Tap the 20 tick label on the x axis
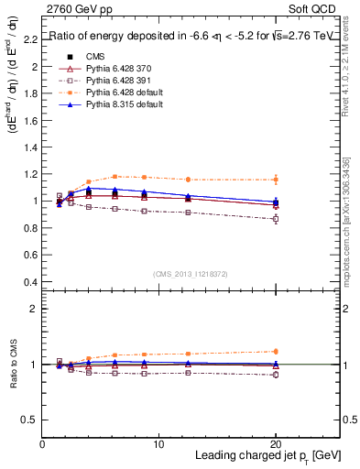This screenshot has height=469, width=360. pos(276,444)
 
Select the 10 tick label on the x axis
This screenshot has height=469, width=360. pos(158,444)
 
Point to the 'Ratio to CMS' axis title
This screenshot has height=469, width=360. pos(11,365)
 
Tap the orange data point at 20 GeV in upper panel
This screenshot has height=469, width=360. pos(276,180)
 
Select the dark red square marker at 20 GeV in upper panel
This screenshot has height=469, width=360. pos(276,219)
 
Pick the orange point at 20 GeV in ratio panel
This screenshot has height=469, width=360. pos(276,351)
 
